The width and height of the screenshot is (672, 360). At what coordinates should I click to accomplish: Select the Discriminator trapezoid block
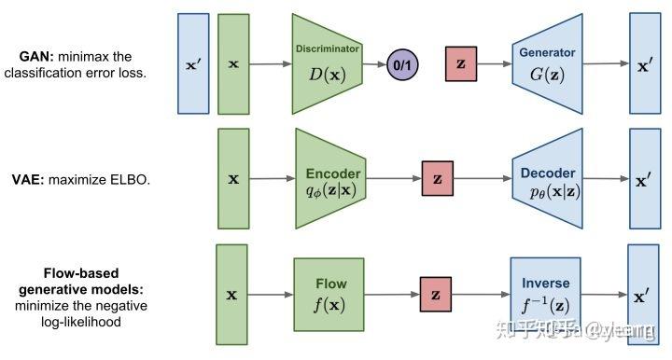tap(326, 62)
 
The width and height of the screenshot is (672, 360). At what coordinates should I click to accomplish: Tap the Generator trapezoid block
tap(549, 62)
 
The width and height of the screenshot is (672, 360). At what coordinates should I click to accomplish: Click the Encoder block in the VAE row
tap(332, 178)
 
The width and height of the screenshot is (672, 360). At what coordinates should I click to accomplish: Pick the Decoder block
tap(549, 178)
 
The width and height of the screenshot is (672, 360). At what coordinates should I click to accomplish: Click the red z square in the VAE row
tap(436, 177)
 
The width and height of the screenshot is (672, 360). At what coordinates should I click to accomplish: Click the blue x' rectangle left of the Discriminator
tap(193, 63)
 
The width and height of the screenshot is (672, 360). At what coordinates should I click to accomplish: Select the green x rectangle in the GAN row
tap(233, 63)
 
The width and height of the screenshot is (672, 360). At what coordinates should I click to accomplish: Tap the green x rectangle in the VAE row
tap(233, 178)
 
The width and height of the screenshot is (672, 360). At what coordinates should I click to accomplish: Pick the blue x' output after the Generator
tap(645, 63)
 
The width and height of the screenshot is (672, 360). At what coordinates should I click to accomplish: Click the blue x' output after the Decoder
tap(645, 178)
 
